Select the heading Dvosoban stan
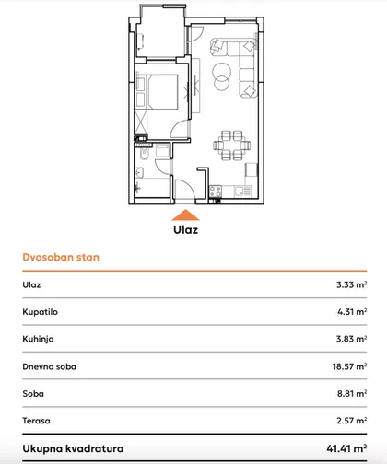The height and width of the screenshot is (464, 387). pos(61,258)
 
